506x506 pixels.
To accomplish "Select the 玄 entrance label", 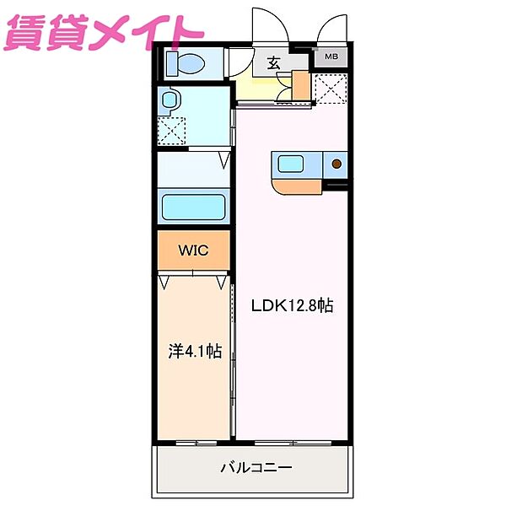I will [x=275, y=62].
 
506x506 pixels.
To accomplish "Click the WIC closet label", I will [x=192, y=250].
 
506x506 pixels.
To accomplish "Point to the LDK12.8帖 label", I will [x=292, y=306].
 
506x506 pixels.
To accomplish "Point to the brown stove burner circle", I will [x=336, y=164].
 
